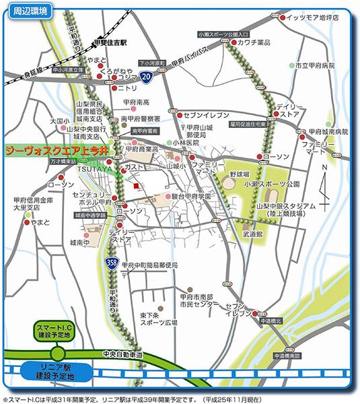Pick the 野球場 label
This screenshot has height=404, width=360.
[238, 173]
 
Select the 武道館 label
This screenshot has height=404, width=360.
[252, 234]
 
